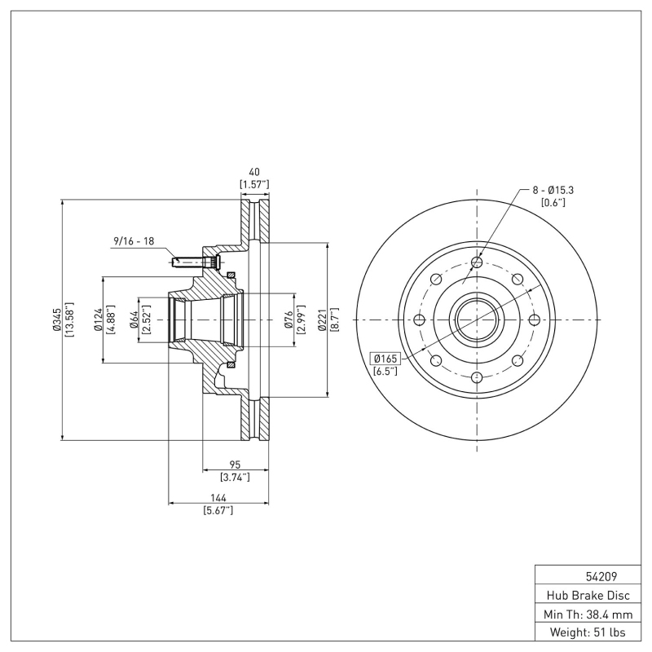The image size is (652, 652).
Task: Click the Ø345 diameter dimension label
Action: point(56,319)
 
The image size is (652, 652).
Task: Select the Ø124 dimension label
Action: point(97,319)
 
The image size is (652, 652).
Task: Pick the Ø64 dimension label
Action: point(134,319)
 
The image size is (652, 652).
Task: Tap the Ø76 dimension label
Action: point(288,319)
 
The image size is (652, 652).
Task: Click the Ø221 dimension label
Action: point(322,319)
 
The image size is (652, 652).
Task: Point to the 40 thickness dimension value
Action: point(253,172)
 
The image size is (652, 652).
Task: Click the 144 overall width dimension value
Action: point(218,498)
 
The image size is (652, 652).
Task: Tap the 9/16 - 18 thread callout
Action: point(134,241)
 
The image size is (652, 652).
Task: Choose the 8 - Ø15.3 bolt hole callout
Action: point(554,189)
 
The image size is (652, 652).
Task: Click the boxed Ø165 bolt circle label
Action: point(385,358)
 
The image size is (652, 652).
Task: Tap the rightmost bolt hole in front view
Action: point(534,319)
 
